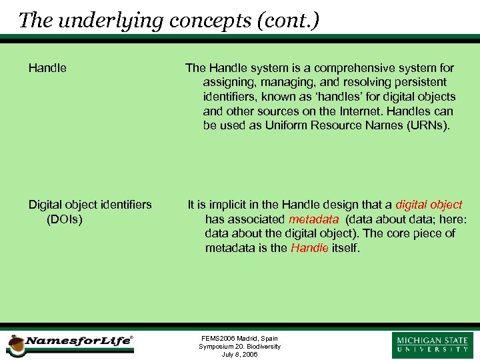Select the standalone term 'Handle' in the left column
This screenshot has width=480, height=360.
pyautogui.click(x=47, y=68)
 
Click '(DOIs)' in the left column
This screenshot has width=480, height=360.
pyautogui.click(x=65, y=219)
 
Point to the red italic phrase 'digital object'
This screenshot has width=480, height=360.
pyautogui.click(x=429, y=205)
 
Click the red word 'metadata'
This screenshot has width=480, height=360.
pyautogui.click(x=313, y=219)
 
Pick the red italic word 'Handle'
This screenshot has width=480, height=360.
pyautogui.click(x=309, y=248)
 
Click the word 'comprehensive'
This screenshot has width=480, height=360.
pyautogui.click(x=350, y=68)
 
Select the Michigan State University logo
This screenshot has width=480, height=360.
pyautogui.click(x=432, y=345)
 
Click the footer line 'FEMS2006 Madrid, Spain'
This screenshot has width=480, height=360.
pyautogui.click(x=239, y=338)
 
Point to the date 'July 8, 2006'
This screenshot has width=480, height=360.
pyautogui.click(x=239, y=355)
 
